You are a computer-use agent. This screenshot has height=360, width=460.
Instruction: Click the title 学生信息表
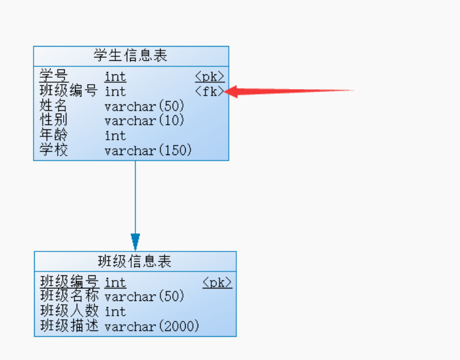[131, 56]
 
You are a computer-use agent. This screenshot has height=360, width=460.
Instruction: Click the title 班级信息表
[135, 261]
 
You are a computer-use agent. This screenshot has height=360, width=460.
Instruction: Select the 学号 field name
[54, 76]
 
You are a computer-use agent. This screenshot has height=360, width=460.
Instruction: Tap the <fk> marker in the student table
[210, 91]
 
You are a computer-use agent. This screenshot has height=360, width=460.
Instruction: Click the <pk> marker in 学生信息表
[210, 77]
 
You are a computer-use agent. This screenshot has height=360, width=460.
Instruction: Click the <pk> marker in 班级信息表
[217, 283]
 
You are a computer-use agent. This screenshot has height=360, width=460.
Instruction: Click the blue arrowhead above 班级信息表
[135, 242]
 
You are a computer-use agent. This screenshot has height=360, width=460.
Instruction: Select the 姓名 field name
[53, 106]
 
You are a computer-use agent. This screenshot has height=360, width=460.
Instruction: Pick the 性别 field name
[53, 120]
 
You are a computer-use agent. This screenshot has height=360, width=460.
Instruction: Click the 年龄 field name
[53, 135]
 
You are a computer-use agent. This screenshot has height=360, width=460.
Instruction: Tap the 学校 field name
[53, 150]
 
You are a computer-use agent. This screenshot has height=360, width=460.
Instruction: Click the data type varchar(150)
[148, 150]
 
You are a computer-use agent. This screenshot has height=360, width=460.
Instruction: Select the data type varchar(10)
[144, 120]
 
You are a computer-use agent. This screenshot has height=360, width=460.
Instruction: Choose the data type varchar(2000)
[152, 326]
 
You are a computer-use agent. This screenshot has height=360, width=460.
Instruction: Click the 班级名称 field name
[69, 296]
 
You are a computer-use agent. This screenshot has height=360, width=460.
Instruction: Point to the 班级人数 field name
[69, 311]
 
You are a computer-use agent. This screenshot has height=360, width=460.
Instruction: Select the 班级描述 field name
[69, 326]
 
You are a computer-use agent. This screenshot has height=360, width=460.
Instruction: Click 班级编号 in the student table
[68, 91]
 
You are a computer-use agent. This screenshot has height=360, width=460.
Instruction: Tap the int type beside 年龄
[115, 136]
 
